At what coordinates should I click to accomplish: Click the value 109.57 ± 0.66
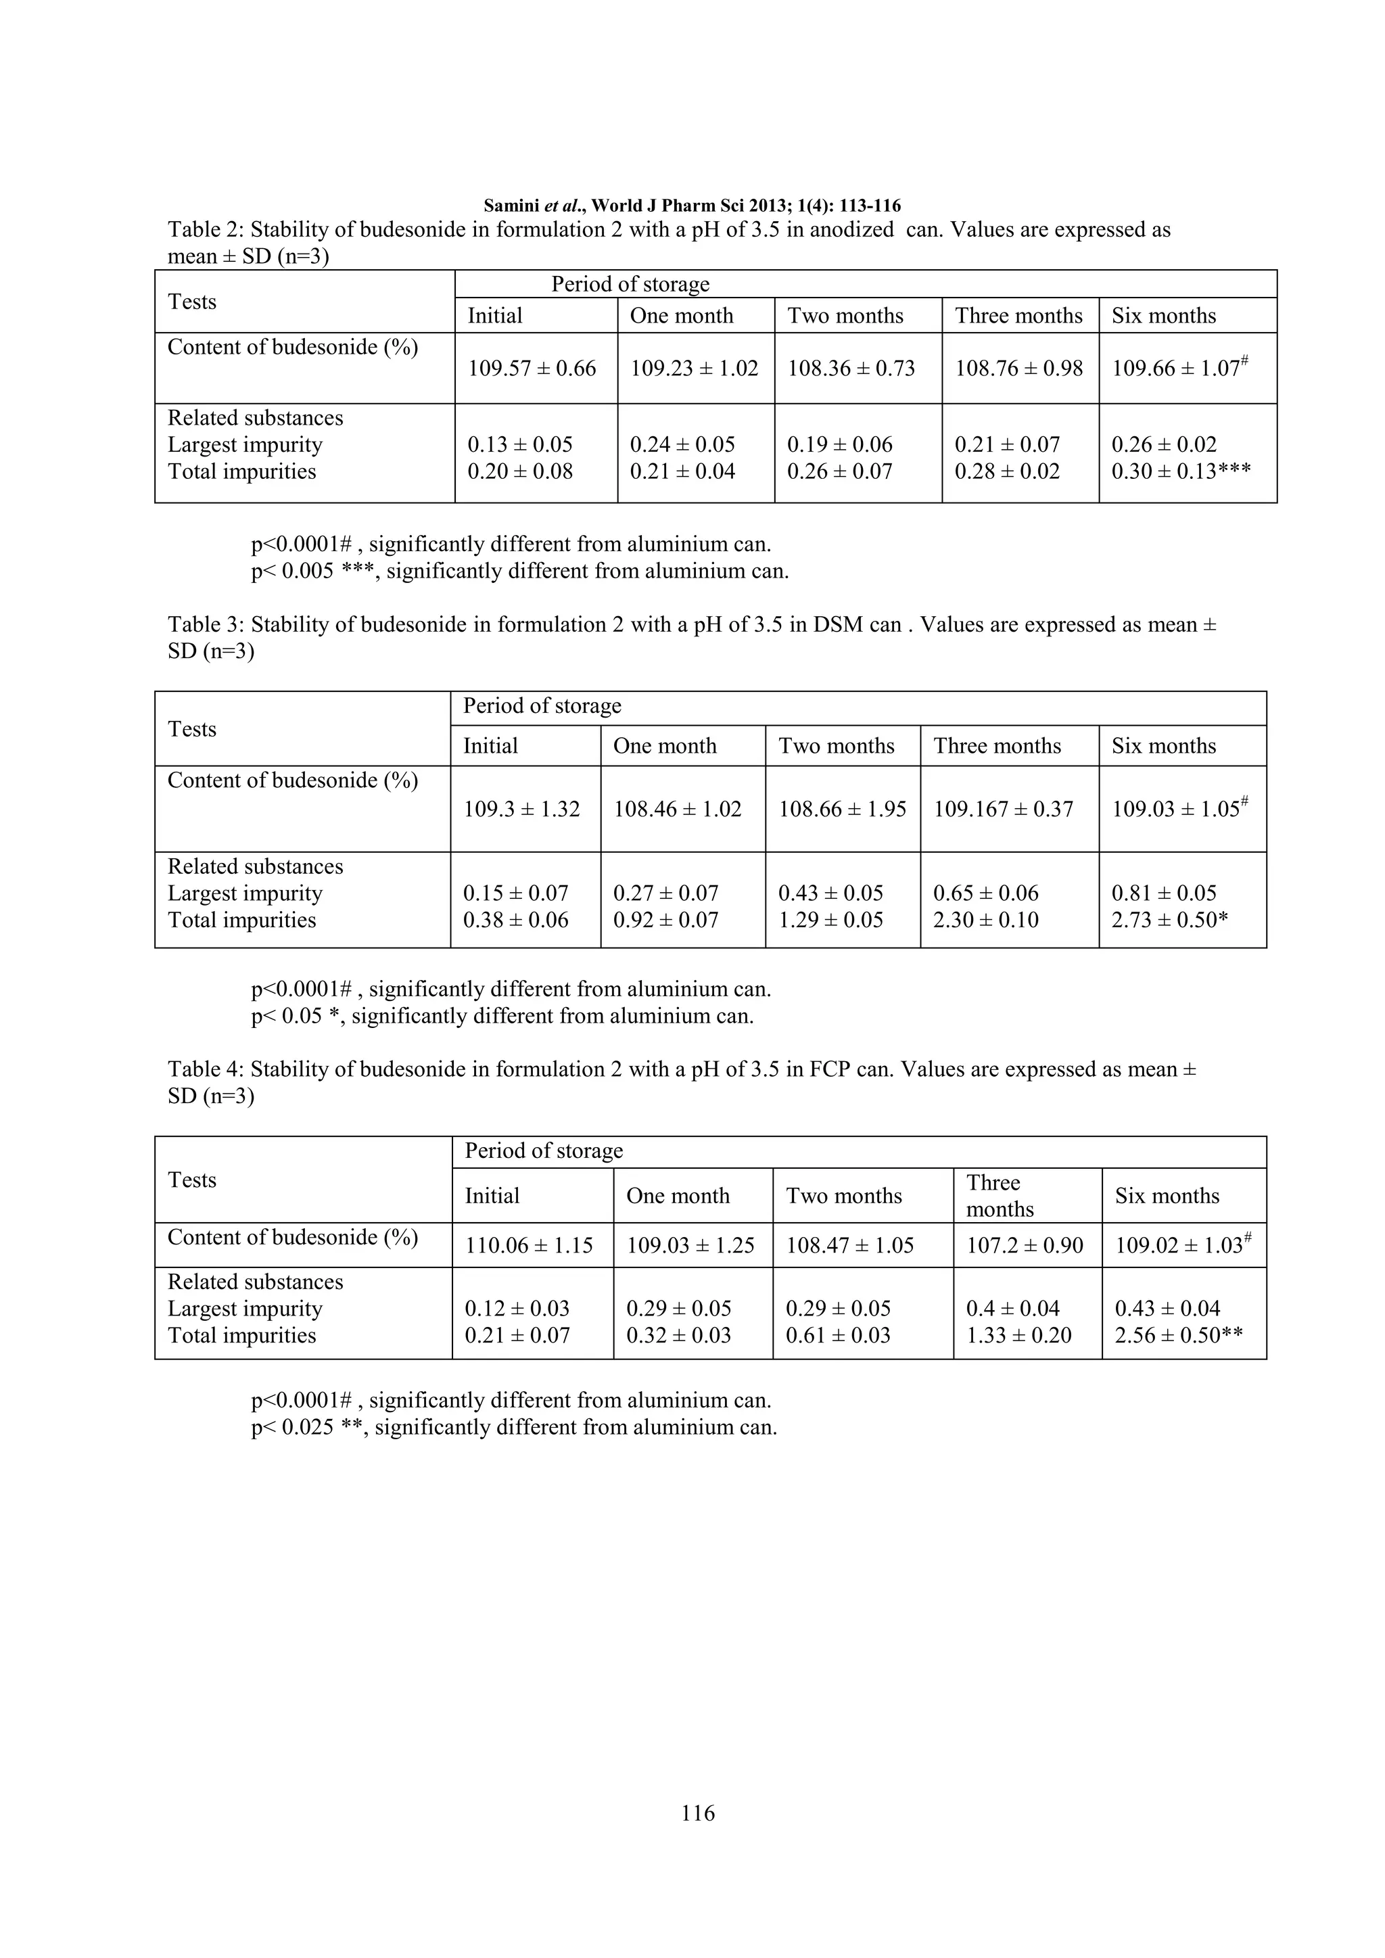pos(532,369)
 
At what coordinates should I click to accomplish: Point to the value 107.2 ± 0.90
pos(1025,1245)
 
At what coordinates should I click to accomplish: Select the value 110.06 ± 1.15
pos(529,1245)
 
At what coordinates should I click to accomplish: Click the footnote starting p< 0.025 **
pos(514,1428)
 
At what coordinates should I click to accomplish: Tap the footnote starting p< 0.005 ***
pos(519,572)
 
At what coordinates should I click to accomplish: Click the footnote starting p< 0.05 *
pos(502,1017)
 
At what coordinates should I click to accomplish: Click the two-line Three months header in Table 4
pos(1000,1196)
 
